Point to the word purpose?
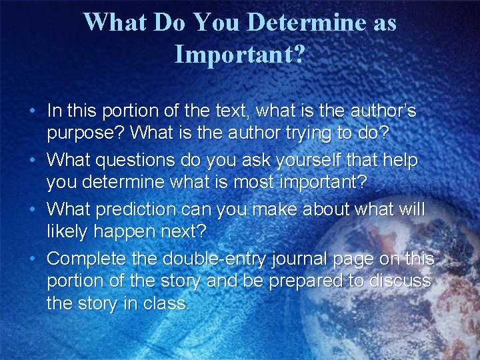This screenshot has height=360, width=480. point(85,133)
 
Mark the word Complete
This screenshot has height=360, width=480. point(90,259)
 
